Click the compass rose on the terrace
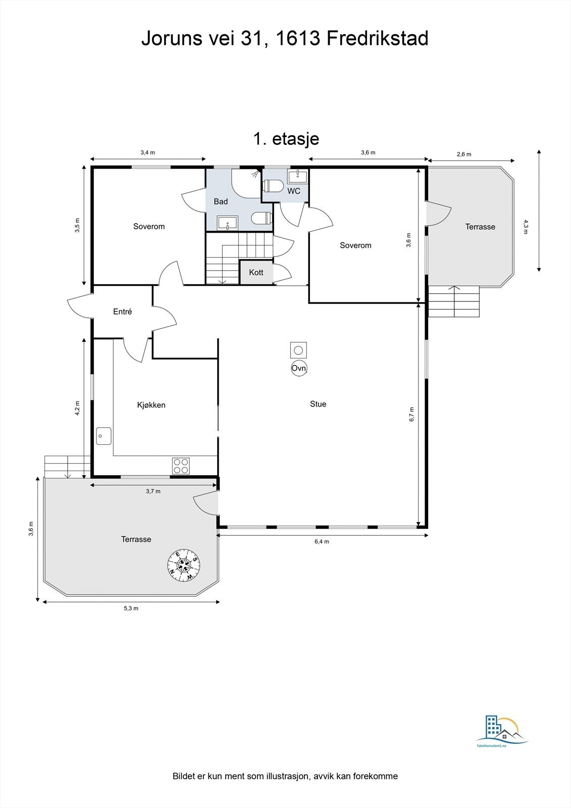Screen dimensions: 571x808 (x=184, y=565)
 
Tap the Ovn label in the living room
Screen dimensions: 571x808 (x=299, y=368)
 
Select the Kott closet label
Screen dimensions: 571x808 (x=256, y=272)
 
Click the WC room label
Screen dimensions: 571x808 (x=294, y=191)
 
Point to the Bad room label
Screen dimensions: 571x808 (x=221, y=201)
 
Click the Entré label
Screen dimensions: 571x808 (x=123, y=312)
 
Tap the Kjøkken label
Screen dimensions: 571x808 (x=151, y=405)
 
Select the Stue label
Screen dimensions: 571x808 (x=318, y=404)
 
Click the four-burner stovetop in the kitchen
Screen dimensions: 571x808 (x=181, y=466)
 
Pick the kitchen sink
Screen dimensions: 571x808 (x=104, y=436)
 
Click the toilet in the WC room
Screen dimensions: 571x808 (x=274, y=186)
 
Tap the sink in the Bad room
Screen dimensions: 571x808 (x=228, y=223)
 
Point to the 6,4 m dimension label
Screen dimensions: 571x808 (x=322, y=541)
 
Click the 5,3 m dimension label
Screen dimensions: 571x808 (x=131, y=608)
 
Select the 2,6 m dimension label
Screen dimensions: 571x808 (x=464, y=154)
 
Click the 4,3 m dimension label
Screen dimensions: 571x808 (x=525, y=227)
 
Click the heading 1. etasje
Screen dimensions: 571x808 (x=286, y=138)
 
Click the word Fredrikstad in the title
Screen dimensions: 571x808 (x=378, y=38)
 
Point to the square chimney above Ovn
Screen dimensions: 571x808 (x=298, y=350)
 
